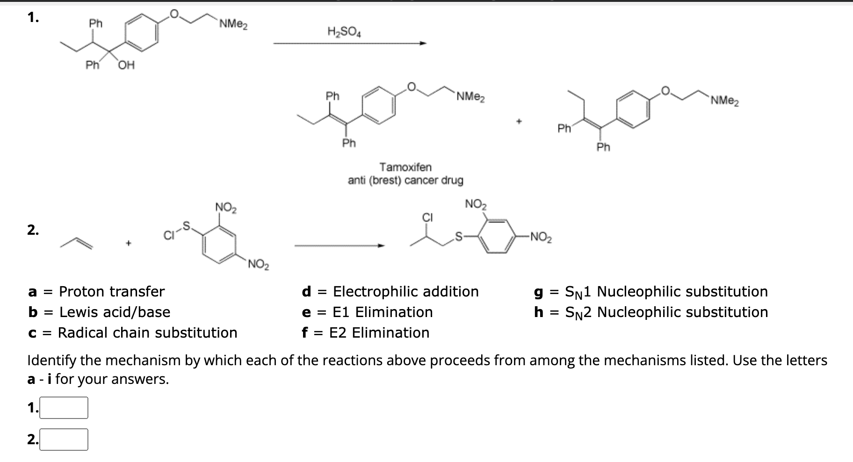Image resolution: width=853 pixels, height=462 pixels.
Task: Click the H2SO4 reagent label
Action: tap(344, 32)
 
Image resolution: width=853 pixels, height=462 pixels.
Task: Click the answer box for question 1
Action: tap(64, 408)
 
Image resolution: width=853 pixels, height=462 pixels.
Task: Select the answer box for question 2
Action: tap(64, 440)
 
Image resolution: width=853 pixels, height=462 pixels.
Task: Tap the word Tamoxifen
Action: tap(405, 167)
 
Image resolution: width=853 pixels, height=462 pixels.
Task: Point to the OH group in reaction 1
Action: tap(126, 65)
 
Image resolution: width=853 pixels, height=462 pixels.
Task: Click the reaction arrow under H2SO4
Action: tap(350, 44)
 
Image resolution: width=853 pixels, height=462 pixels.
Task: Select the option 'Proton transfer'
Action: tap(111, 291)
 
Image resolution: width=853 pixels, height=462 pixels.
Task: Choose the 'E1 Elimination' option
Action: tap(382, 312)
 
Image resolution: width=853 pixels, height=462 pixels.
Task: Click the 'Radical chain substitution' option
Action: tap(147, 332)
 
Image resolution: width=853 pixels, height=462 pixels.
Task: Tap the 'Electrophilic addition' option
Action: tap(405, 291)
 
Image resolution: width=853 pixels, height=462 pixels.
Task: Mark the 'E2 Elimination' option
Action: tap(379, 332)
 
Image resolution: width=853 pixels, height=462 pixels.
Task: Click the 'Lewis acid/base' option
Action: tap(115, 312)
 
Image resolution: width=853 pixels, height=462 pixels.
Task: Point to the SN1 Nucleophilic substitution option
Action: tap(665, 292)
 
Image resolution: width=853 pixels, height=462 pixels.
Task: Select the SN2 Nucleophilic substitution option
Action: tap(665, 312)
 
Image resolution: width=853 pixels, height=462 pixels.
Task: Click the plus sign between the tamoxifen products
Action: tap(518, 122)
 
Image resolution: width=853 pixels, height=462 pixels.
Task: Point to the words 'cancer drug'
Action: tap(434, 180)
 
